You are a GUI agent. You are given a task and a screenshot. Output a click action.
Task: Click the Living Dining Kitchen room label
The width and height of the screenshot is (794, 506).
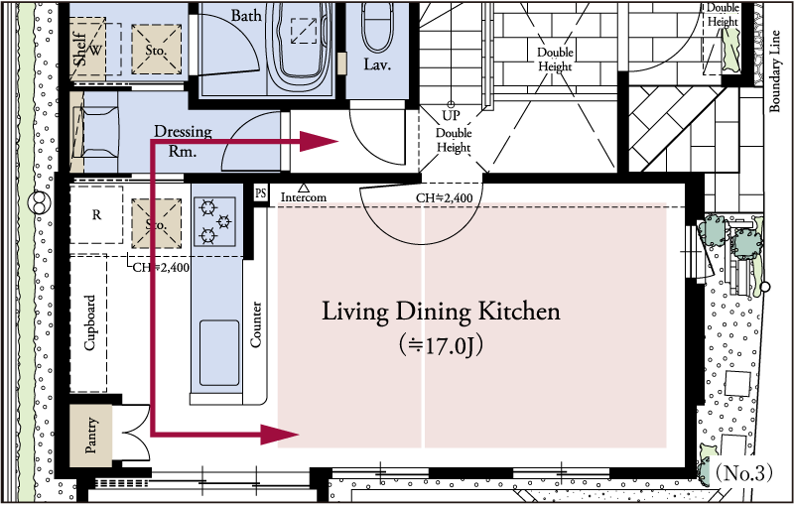441,312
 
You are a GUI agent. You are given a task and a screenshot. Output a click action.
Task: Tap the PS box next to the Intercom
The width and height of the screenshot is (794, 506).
260,193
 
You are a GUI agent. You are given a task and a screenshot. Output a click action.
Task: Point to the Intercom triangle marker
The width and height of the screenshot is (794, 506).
304,188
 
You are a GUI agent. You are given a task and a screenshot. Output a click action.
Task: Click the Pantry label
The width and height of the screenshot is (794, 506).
90,435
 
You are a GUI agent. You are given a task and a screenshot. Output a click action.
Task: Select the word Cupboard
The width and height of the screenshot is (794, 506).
89,322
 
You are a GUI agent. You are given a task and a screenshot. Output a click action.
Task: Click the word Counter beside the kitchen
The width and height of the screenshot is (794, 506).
256,324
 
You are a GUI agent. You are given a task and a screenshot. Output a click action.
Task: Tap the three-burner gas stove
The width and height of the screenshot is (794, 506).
214,221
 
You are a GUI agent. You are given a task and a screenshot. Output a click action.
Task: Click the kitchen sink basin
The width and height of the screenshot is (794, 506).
219,352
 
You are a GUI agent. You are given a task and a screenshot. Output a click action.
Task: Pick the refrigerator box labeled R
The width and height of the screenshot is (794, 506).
96,214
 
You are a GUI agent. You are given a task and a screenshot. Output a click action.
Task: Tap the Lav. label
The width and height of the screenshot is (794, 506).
377,64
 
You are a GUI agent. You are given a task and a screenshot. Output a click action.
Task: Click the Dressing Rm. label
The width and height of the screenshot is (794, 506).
183,141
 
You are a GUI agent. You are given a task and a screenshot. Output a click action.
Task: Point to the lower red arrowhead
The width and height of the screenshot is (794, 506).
280,435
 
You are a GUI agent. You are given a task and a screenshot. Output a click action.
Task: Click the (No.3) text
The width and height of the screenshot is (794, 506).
743,473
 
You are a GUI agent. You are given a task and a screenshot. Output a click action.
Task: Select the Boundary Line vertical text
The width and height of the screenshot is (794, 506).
774,70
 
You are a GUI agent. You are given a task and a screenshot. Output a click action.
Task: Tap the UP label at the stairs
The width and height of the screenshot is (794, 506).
451,116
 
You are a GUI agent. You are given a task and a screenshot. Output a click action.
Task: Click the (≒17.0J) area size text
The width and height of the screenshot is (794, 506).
441,345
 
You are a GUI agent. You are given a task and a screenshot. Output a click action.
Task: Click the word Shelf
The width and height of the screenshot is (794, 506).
80,49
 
